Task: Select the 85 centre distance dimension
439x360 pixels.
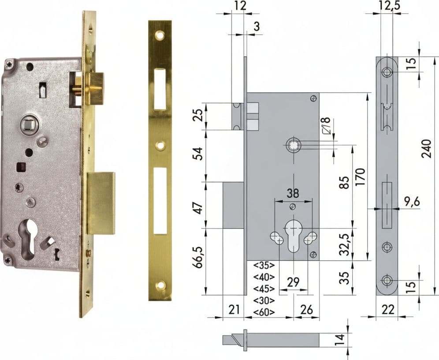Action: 346,182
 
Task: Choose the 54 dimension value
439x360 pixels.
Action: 199,153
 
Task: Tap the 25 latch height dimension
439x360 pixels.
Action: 199,115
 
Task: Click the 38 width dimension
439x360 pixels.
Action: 293,193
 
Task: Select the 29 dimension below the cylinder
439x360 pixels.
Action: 293,282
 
